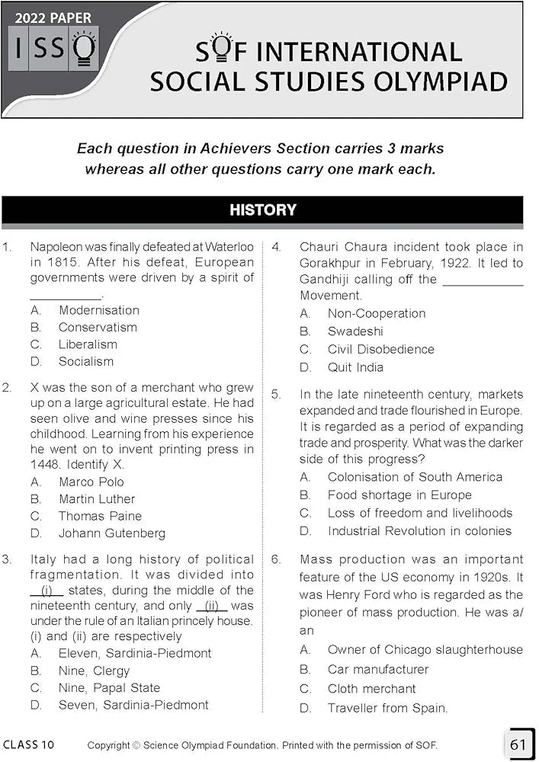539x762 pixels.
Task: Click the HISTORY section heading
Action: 262,210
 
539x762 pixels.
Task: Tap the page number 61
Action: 518,743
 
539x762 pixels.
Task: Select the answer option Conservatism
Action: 98,327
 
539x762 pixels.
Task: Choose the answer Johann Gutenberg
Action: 111,533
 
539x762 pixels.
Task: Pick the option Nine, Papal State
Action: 109,688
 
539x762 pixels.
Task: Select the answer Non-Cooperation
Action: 377,313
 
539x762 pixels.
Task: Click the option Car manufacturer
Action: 378,669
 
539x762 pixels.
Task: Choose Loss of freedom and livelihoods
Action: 419,513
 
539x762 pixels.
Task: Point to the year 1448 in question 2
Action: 45,465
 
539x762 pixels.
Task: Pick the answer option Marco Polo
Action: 91,482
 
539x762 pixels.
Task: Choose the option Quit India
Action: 355,367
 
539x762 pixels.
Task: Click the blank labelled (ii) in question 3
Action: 212,607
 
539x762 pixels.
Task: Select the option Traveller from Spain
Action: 387,708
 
